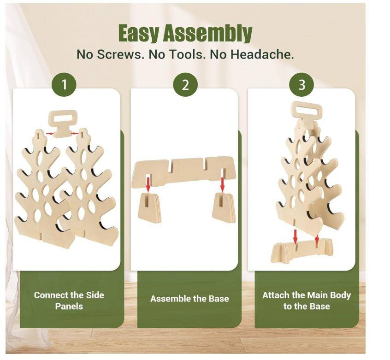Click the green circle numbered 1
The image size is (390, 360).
click(x=64, y=85)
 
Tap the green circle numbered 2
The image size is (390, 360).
click(x=185, y=85)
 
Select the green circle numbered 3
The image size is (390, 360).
click(x=301, y=85)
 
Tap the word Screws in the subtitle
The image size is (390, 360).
click(x=119, y=54)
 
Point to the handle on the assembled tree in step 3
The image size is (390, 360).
click(x=307, y=112)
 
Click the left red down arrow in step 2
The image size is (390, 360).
click(x=148, y=184)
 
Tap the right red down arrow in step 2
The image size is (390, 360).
click(x=222, y=184)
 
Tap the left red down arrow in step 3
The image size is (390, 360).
click(x=295, y=236)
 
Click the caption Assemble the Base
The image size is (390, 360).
click(x=189, y=298)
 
